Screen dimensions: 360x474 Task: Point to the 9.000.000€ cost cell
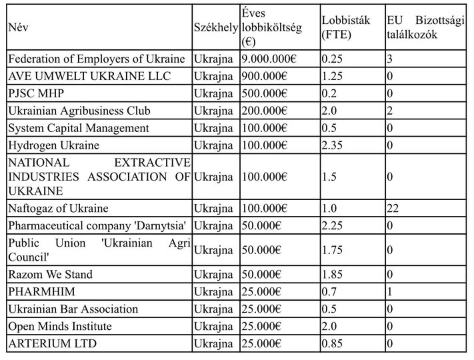(269, 59)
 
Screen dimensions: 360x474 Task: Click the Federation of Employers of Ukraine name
(97, 59)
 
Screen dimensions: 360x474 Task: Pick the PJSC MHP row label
(37, 93)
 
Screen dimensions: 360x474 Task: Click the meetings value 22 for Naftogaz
(393, 209)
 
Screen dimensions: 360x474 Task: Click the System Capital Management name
(79, 128)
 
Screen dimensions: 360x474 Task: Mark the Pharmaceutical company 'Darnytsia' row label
(97, 226)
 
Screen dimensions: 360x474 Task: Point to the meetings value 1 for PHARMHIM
(390, 291)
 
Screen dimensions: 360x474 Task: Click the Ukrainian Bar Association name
(73, 309)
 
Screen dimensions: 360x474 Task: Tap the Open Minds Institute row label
(60, 326)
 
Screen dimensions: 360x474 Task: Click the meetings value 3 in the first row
(390, 59)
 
